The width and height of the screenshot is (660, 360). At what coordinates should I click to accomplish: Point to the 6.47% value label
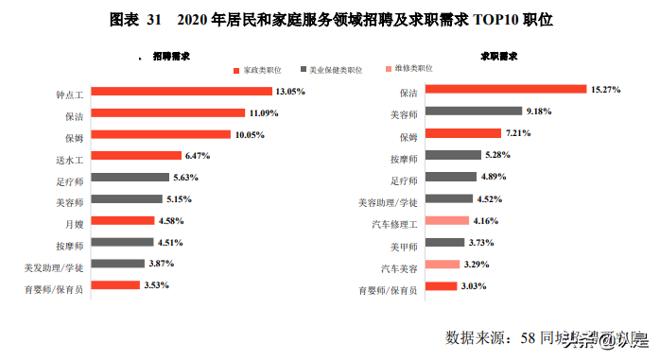coord(200,155)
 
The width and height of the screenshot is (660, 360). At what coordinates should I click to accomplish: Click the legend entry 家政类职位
coord(261,70)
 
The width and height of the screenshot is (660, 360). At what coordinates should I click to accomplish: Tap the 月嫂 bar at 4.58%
coord(122,220)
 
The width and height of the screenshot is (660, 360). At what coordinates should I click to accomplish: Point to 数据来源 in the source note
coord(478,337)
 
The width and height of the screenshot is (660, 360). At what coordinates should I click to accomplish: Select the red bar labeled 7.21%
coord(463,133)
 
